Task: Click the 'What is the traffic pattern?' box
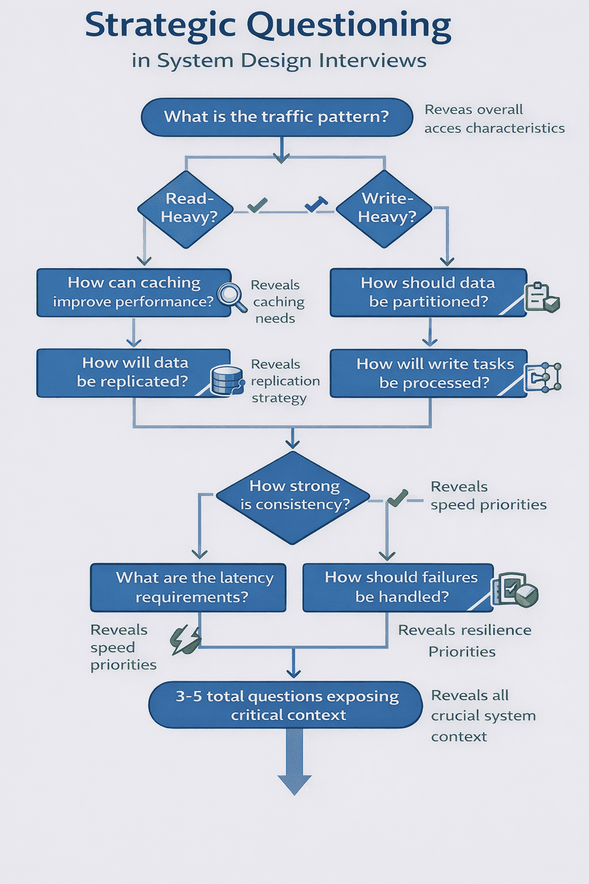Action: (277, 117)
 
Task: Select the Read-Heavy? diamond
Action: (186, 209)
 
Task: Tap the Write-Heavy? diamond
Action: (384, 209)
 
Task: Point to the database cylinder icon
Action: (226, 380)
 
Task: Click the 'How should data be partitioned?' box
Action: (427, 292)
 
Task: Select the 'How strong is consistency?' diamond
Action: (293, 497)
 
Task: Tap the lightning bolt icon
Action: (185, 640)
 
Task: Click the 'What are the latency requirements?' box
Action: (188, 588)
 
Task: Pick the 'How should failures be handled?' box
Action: (398, 588)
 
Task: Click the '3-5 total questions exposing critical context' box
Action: (286, 705)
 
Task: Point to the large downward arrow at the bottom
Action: (294, 765)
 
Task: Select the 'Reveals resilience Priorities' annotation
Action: (464, 641)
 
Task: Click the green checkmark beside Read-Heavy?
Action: (257, 205)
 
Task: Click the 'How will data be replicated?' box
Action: (133, 372)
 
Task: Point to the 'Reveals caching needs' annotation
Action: (277, 302)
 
